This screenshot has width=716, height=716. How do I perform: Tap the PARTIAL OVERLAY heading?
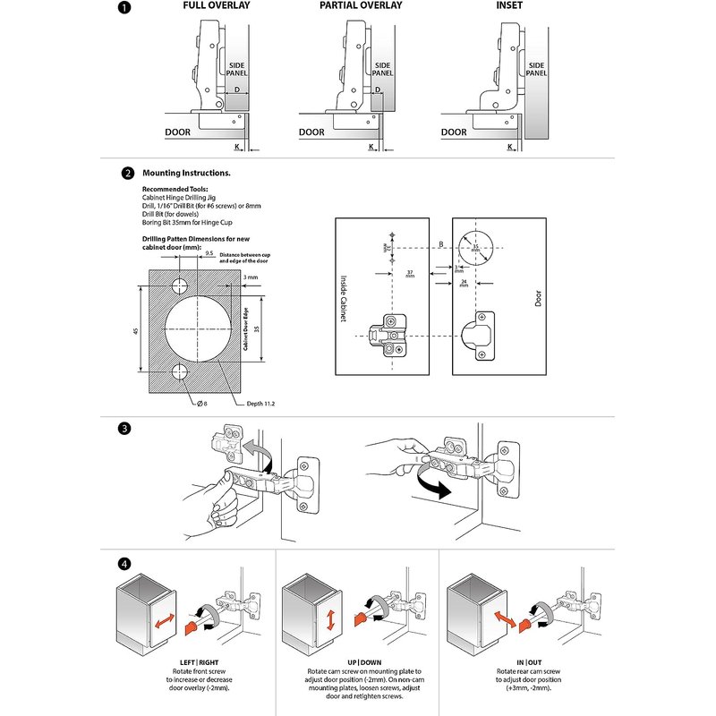pos(361,6)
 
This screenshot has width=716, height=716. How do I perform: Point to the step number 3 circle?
pos(126,429)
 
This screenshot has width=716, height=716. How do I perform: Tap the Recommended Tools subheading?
pos(174,191)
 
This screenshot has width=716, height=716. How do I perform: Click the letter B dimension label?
pos(440,242)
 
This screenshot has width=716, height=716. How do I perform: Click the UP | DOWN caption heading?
pos(357,661)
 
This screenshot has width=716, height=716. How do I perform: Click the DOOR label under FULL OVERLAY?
pos(178,132)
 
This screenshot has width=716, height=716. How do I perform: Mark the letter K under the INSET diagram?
pos(509,146)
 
